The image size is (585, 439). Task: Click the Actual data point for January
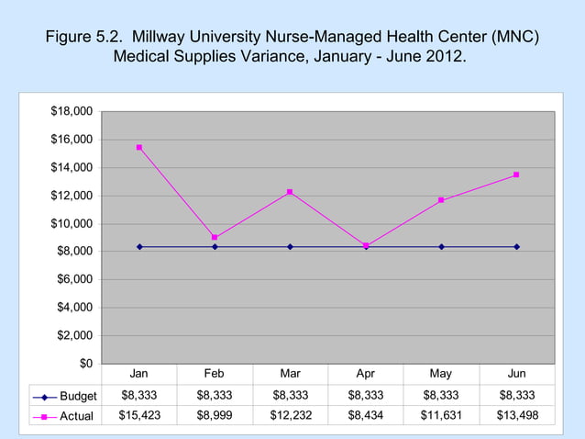tap(139, 147)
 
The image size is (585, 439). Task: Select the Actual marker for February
tap(215, 237)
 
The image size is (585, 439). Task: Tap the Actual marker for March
tap(290, 192)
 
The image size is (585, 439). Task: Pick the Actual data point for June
tap(516, 174)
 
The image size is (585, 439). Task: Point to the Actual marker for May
tap(441, 200)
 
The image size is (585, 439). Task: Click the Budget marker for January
tap(139, 246)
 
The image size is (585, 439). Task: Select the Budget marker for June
tap(516, 246)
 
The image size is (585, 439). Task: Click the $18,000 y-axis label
tap(72, 112)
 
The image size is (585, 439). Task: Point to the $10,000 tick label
tap(72, 224)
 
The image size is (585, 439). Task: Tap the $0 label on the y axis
tap(84, 364)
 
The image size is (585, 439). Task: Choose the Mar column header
tap(290, 374)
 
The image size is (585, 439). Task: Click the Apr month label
tap(365, 374)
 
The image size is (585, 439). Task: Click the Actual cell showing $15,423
tap(139, 416)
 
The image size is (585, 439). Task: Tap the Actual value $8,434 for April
tap(365, 416)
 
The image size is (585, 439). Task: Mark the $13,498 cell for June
tap(516, 416)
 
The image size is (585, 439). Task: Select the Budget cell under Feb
tap(215, 396)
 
